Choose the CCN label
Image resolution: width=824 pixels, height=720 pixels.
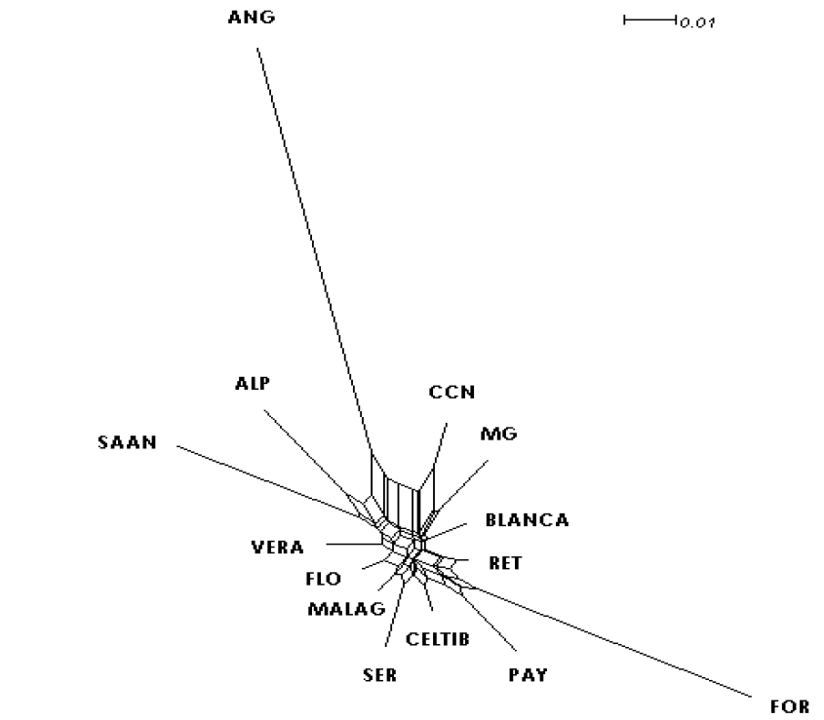(x=451, y=392)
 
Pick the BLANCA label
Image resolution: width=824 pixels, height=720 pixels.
(x=527, y=520)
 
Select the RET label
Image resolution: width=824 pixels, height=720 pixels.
(x=504, y=563)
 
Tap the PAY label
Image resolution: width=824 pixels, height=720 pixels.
(x=528, y=674)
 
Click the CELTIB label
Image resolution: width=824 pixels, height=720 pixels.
(x=437, y=639)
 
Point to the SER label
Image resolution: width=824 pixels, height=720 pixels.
(x=378, y=674)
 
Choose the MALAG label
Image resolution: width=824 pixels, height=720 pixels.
(x=338, y=609)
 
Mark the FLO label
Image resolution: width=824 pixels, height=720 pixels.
(x=323, y=579)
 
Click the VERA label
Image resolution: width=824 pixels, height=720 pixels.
(x=277, y=548)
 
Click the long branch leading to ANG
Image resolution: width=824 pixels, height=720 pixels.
(x=312, y=244)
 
